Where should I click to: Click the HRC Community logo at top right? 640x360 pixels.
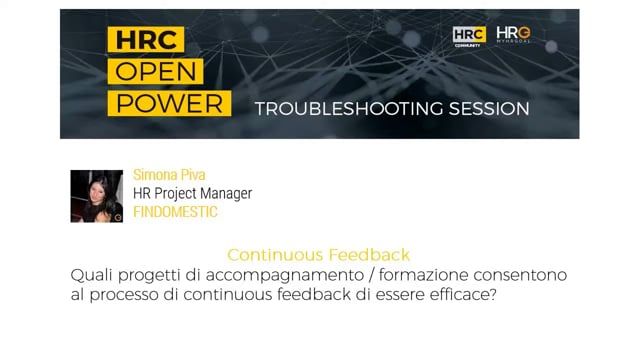tap(469, 36)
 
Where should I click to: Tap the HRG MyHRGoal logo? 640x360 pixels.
tap(513, 36)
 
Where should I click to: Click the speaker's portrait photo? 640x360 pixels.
tap(96, 196)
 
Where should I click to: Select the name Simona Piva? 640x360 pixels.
tap(171, 175)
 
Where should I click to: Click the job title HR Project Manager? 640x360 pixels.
tap(192, 193)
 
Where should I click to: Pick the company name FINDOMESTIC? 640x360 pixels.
tap(175, 212)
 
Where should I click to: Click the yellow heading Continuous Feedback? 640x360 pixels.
tap(318, 255)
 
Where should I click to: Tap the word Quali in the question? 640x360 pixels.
tap(92, 274)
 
